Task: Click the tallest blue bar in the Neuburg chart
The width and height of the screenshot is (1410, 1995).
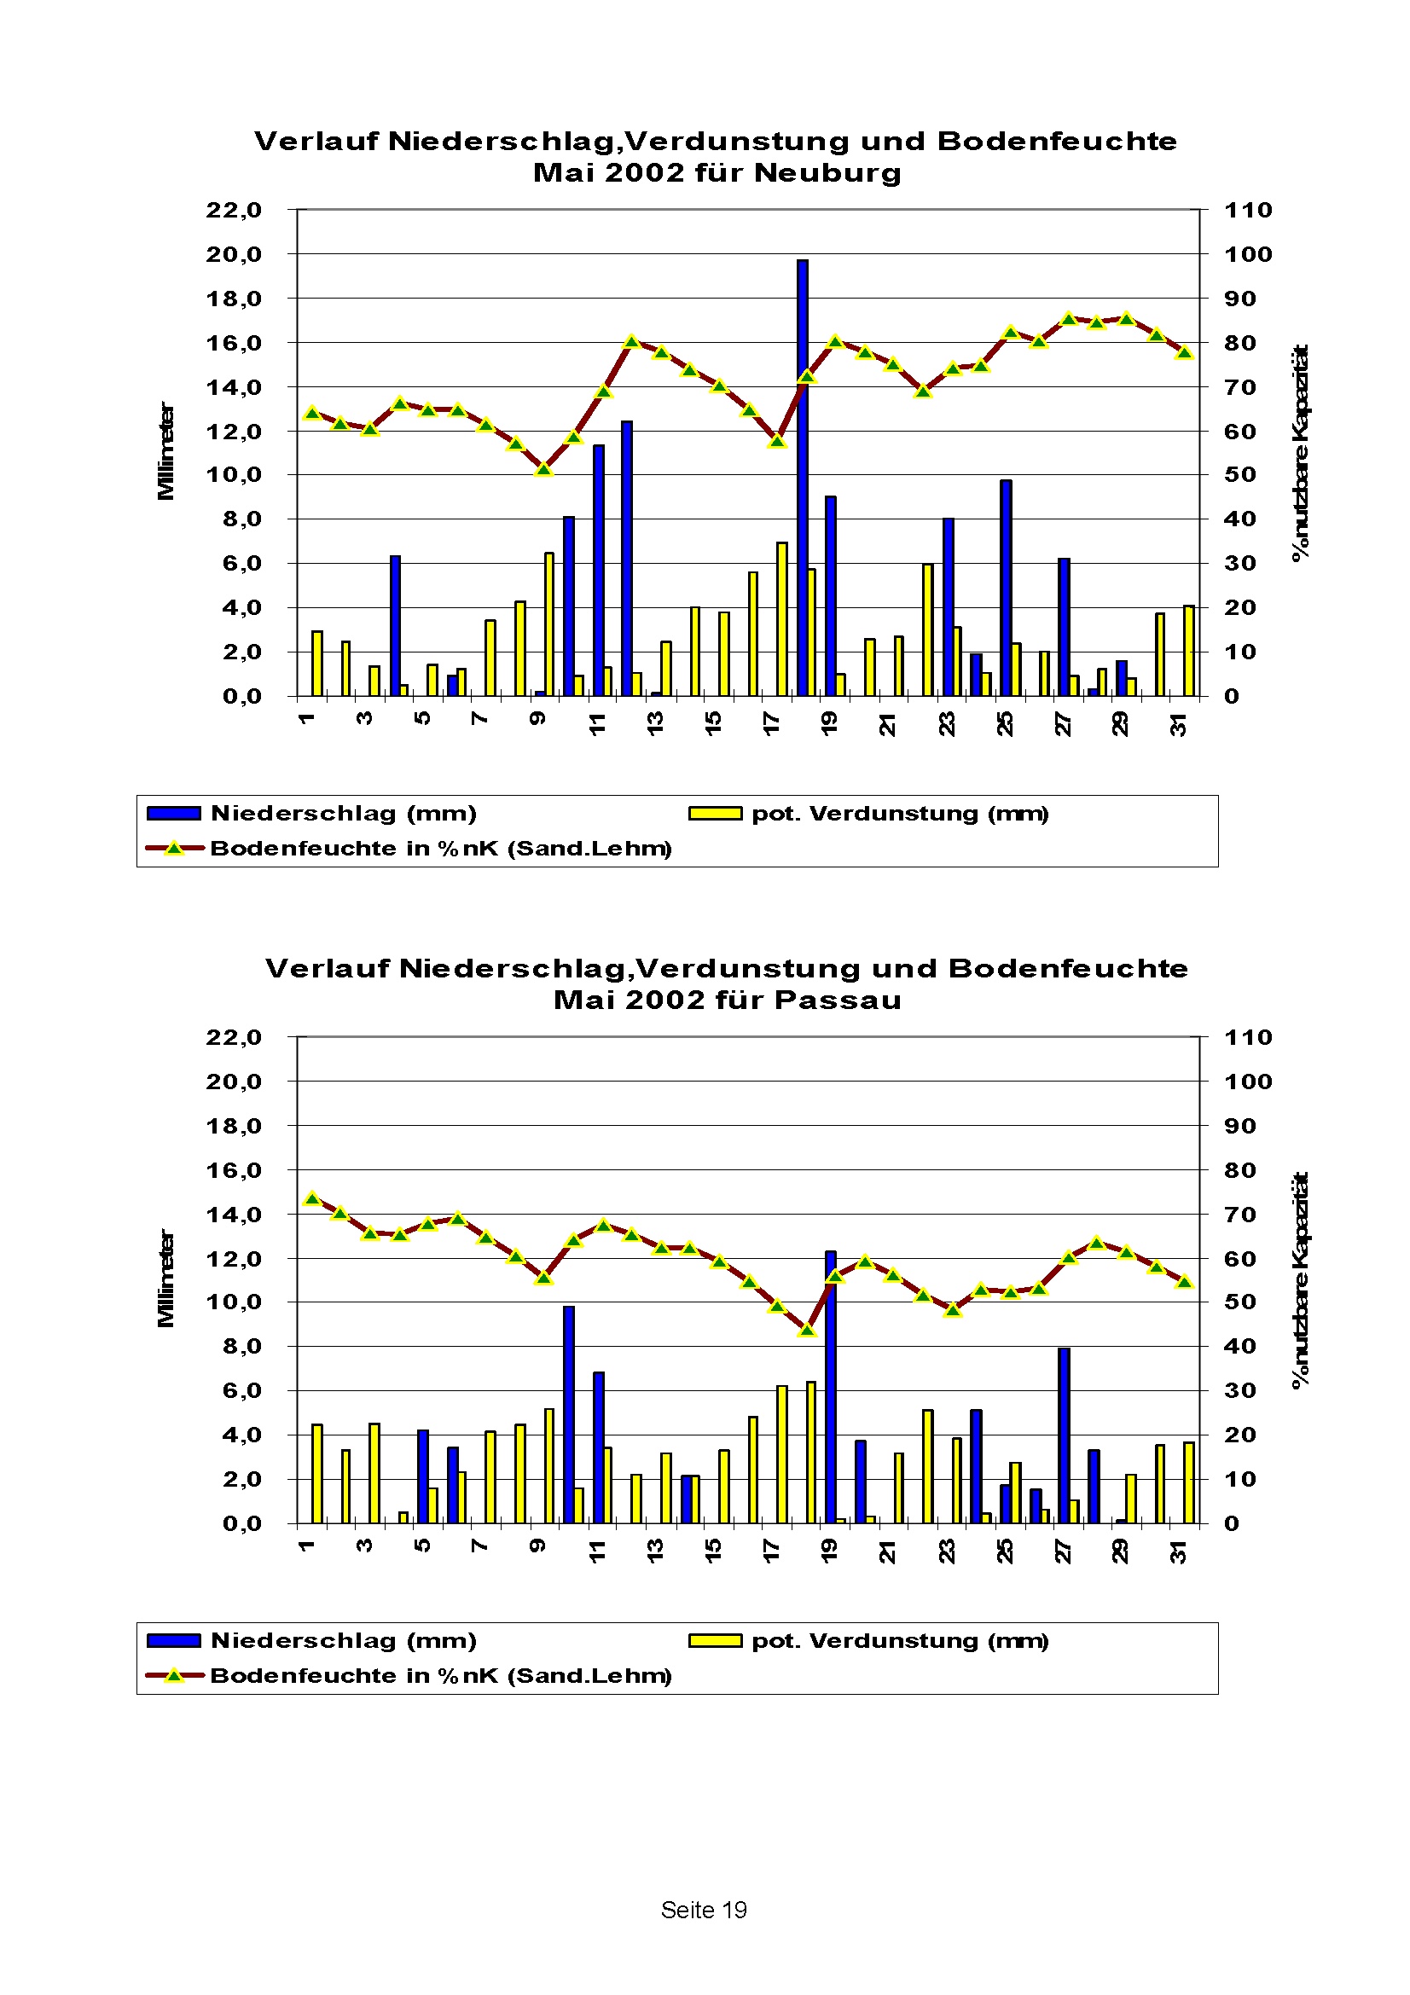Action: [802, 478]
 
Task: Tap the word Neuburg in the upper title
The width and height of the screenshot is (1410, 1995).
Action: [828, 172]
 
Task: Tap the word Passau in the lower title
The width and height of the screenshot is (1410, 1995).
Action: [838, 1000]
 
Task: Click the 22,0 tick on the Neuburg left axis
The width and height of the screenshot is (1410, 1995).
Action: [234, 210]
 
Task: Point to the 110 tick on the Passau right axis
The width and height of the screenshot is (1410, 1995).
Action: [1248, 1036]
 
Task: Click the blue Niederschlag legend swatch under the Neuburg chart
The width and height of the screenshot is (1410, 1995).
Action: [174, 814]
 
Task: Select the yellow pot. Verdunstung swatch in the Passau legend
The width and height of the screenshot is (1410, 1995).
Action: [715, 1640]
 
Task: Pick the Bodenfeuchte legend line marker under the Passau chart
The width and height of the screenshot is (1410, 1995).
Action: [174, 1675]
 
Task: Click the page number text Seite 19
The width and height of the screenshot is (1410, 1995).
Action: [704, 1910]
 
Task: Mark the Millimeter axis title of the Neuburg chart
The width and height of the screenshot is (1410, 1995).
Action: [165, 451]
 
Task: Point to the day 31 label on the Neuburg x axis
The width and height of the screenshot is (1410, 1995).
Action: [1178, 724]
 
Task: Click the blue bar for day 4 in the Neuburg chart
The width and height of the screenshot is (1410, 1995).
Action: [395, 625]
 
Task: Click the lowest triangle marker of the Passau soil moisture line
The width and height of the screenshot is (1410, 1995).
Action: [807, 1331]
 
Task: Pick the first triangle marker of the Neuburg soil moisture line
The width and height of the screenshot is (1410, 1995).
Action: [313, 414]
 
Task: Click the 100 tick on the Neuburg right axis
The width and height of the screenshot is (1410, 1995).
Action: [1248, 253]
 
